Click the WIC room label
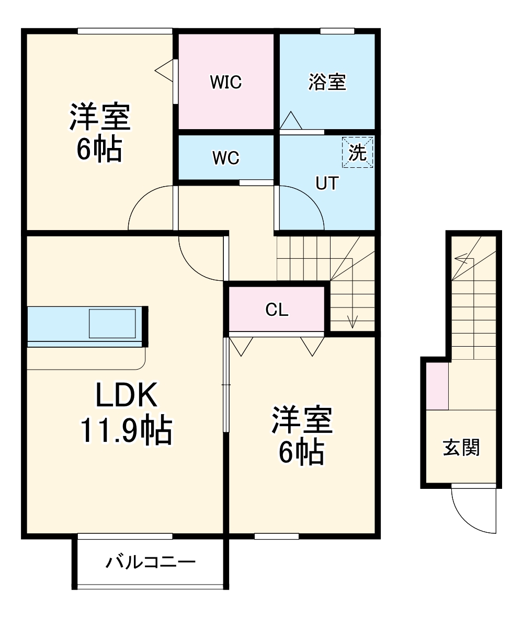pyautogui.click(x=226, y=82)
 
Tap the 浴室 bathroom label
pyautogui.click(x=327, y=82)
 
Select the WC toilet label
pyautogui.click(x=226, y=158)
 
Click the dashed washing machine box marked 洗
pyautogui.click(x=358, y=152)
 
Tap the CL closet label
pyautogui.click(x=277, y=310)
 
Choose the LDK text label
pyautogui.click(x=126, y=396)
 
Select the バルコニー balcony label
pyautogui.click(x=151, y=563)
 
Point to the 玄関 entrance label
pyautogui.click(x=461, y=448)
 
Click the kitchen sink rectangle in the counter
pyautogui.click(x=112, y=324)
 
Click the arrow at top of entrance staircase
pyautogui.click(x=460, y=258)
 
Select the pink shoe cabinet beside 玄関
pyautogui.click(x=437, y=385)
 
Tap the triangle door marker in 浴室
pyautogui.click(x=291, y=121)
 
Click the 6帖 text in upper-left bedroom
pyautogui.click(x=99, y=150)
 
